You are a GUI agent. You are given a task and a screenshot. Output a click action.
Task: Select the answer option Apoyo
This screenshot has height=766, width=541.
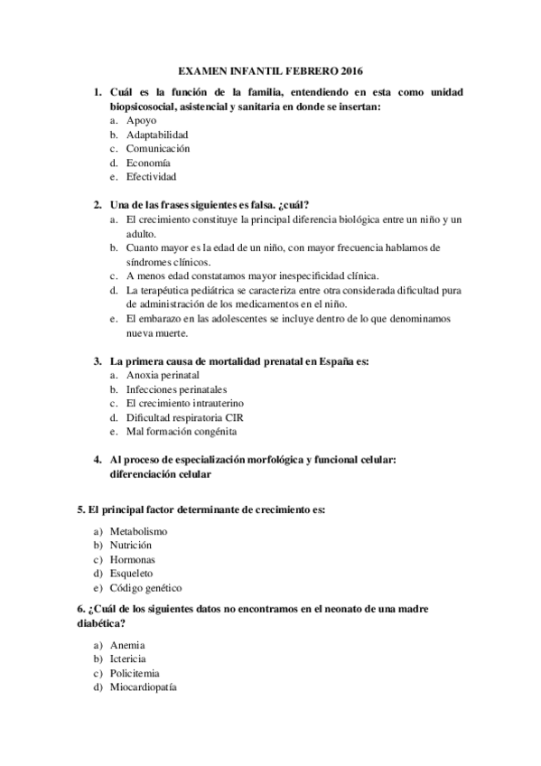pos(141,120)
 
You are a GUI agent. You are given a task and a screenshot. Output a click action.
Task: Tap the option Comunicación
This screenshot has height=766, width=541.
pos(158,148)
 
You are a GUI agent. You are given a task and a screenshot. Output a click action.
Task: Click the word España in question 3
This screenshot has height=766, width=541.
pos(332,360)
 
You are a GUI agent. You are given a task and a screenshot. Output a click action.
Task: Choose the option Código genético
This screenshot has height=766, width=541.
pos(145,587)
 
